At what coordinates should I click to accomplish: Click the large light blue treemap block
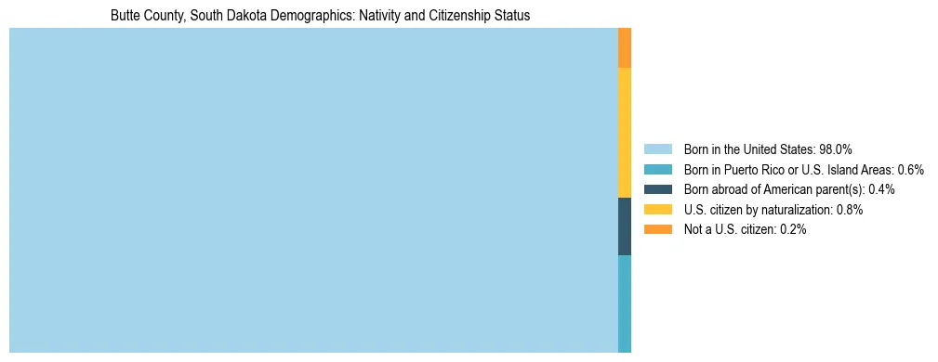[313, 190]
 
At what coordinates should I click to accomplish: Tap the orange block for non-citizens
[625, 48]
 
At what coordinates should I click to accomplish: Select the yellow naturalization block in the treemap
[625, 133]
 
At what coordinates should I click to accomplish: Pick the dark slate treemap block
[625, 226]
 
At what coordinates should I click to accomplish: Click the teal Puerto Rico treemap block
[625, 304]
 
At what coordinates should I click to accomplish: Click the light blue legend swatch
[657, 149]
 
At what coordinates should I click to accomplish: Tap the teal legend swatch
[657, 170]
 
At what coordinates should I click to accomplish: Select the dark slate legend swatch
[657, 189]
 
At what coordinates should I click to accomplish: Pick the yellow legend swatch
[657, 210]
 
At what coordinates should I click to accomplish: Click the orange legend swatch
[657, 229]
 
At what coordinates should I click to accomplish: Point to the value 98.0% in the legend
[836, 149]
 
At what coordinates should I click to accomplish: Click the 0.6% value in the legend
[910, 170]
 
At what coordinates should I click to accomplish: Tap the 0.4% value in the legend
[881, 189]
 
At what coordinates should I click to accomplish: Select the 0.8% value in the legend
[850, 210]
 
